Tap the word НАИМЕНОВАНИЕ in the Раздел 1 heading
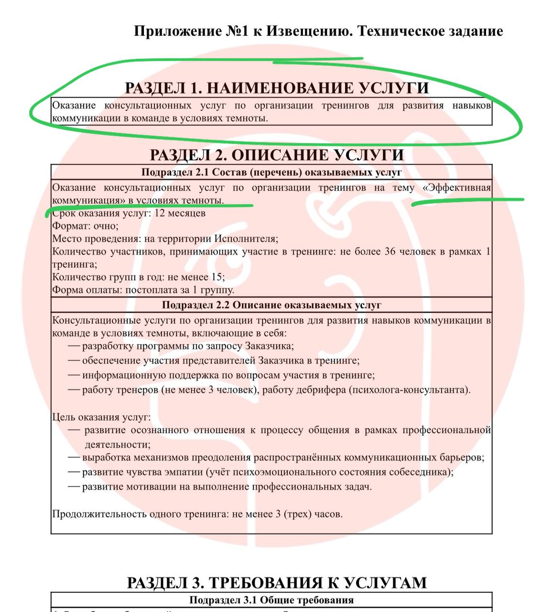279,88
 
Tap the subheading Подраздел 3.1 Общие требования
271,600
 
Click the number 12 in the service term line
160,213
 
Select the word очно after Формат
106,226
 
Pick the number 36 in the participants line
390,251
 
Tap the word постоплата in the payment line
149,290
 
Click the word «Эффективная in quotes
457,188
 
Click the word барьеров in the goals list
461,458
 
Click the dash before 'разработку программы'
74,346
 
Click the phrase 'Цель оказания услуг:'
101,417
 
